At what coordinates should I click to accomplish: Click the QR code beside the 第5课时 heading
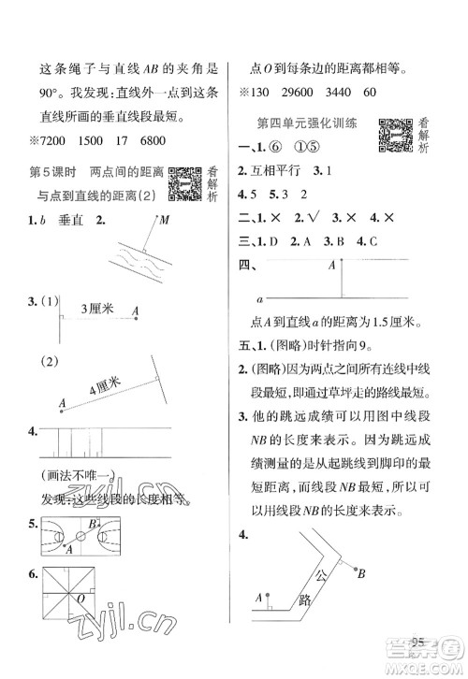tap(184, 184)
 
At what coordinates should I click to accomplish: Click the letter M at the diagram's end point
tap(165, 221)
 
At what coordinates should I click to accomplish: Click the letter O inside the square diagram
tap(83, 596)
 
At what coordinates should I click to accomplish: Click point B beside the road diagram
tap(360, 572)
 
